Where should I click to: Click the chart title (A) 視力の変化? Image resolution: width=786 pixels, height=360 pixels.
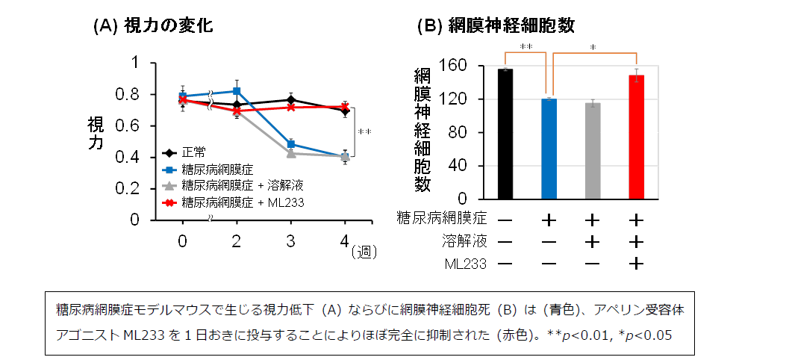(x=153, y=26)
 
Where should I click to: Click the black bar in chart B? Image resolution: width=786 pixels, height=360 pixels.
(x=505, y=134)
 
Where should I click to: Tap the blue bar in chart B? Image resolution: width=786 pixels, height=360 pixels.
(x=549, y=149)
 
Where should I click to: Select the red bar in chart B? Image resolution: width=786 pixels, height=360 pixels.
(x=637, y=137)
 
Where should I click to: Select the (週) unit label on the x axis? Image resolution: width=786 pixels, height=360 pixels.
(x=365, y=252)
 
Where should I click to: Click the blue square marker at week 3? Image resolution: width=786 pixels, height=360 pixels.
(x=291, y=144)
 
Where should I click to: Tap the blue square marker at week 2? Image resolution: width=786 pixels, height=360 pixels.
(x=237, y=91)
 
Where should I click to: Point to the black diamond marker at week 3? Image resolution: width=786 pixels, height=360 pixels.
(x=291, y=99)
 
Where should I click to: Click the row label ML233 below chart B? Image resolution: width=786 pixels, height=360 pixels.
(x=464, y=264)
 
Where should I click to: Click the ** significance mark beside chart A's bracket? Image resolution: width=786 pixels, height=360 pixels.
(x=364, y=133)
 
